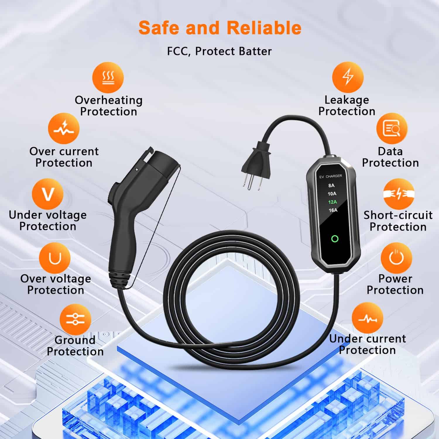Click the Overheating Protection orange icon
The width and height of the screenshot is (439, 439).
108,78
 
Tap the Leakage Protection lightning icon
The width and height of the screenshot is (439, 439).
348,77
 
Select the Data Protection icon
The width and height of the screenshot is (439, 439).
392,129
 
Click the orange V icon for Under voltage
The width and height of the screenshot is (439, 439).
48,194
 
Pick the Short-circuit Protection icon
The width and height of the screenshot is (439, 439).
398,194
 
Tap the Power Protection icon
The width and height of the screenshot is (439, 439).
396,258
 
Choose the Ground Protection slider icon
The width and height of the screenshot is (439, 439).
75,319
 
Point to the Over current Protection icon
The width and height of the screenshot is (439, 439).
64,129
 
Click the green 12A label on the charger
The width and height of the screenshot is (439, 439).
332,202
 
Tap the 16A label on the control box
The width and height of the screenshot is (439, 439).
333,210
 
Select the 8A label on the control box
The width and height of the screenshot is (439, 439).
331,185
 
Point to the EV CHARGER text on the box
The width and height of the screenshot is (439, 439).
330,176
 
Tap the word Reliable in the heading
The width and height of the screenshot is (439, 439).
264,28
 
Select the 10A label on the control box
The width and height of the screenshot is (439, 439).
332,194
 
